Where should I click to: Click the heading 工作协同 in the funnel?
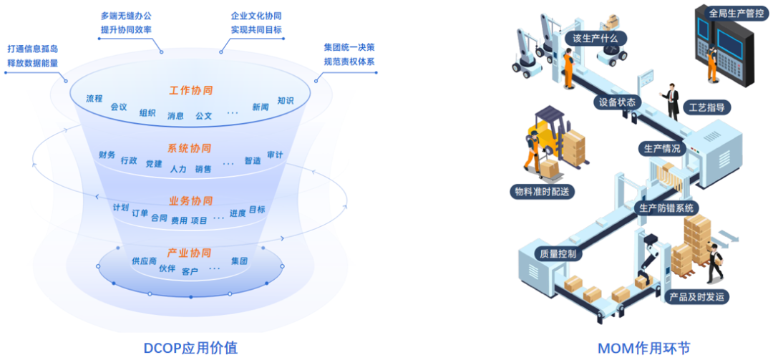(191, 91)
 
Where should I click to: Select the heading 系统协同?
(190, 149)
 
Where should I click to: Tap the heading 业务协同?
(190, 200)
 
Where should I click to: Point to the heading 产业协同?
(189, 253)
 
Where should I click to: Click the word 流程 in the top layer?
(94, 98)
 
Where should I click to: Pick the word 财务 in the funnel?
(107, 155)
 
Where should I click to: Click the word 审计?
(275, 155)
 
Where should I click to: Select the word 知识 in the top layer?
(286, 101)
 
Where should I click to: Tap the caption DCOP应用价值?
(192, 348)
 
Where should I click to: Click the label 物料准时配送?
(544, 192)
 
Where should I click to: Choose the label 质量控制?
(555, 253)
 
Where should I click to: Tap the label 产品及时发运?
(696, 296)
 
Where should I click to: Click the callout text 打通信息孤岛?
(33, 49)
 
